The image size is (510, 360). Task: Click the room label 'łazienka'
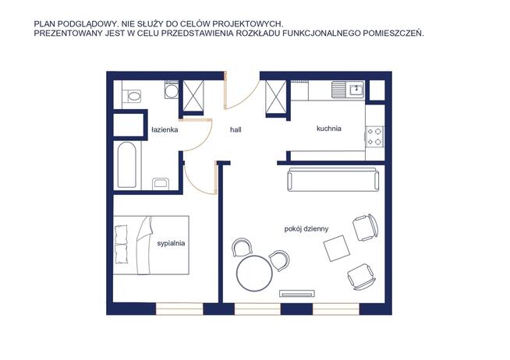point(165,130)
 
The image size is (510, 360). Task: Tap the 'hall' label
point(236,129)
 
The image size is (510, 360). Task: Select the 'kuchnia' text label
point(329,129)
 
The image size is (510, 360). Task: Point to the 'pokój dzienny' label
point(306,229)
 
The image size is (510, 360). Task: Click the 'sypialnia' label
point(171,243)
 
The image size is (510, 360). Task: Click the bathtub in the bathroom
point(127,164)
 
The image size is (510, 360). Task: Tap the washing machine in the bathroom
point(172,90)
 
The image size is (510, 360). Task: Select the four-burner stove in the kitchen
point(374,136)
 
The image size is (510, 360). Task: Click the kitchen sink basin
point(356,89)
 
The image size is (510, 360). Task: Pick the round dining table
point(254,274)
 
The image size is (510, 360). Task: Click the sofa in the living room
point(333,180)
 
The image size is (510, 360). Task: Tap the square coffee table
point(337,249)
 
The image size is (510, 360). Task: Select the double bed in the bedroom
point(151,245)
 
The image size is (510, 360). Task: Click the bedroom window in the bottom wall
point(179,309)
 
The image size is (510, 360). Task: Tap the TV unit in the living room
point(298,294)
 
